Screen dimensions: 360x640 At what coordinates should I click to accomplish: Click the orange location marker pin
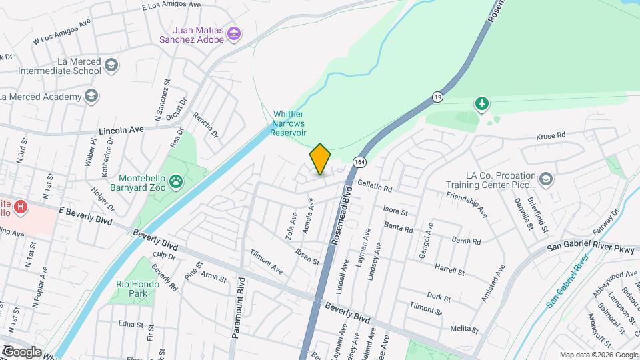pyautogui.click(x=320, y=159)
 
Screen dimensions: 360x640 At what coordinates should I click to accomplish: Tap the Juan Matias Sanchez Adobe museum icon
pyautogui.click(x=233, y=33)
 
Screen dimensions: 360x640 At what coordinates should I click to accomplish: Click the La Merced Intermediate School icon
pyautogui.click(x=111, y=65)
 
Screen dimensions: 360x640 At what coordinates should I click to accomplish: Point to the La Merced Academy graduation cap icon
pyautogui.click(x=91, y=97)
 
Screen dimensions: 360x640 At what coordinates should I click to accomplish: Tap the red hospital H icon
pyautogui.click(x=21, y=207)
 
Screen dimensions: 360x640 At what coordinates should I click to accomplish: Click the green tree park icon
pyautogui.click(x=481, y=103)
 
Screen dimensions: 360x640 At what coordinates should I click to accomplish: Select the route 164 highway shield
pyautogui.click(x=360, y=162)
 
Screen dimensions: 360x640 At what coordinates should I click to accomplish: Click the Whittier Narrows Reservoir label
pyautogui.click(x=288, y=123)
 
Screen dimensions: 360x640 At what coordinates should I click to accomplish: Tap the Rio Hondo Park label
pyautogui.click(x=141, y=289)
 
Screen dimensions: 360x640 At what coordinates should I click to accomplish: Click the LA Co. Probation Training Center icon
pyautogui.click(x=546, y=179)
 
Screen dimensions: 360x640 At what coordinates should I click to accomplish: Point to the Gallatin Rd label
pyautogui.click(x=374, y=189)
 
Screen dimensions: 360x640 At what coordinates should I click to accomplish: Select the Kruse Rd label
pyautogui.click(x=551, y=135)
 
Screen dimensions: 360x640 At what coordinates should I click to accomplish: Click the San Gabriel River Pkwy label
pyautogui.click(x=581, y=247)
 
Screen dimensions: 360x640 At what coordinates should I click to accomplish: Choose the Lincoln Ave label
pyautogui.click(x=121, y=129)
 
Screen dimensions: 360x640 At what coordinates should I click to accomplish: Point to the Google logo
pyautogui.click(x=21, y=351)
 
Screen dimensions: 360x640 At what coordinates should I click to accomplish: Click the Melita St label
pyautogui.click(x=464, y=329)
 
